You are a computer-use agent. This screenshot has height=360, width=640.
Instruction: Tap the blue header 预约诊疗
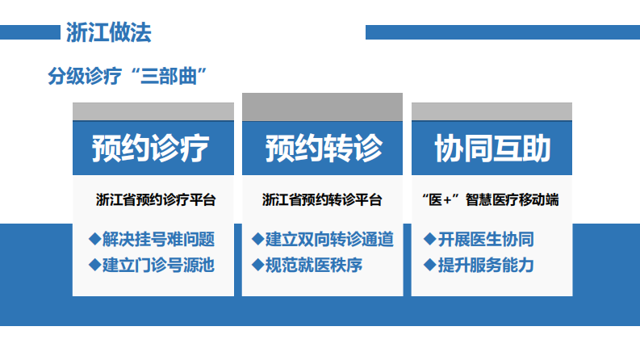[153, 149]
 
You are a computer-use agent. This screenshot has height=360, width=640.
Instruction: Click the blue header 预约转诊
[323, 149]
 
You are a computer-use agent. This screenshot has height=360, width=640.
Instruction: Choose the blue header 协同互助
[492, 149]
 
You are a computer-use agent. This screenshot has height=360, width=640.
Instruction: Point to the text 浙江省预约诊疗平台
[155, 199]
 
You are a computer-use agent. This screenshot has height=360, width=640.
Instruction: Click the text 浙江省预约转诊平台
[322, 199]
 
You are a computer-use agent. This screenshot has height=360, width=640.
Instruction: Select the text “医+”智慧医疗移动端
[492, 199]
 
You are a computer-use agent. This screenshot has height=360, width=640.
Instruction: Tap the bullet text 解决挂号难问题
[158, 239]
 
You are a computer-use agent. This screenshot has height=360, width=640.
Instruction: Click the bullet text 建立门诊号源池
[158, 264]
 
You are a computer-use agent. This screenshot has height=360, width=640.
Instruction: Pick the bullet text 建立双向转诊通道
[329, 239]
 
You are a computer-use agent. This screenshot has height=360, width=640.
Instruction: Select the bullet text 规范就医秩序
[313, 264]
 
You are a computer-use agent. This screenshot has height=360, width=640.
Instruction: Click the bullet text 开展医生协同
[485, 239]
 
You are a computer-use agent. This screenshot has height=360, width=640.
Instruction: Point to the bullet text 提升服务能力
[485, 264]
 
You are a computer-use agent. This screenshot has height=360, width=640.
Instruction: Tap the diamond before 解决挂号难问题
[94, 239]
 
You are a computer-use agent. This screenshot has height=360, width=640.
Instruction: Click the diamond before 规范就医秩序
[258, 264]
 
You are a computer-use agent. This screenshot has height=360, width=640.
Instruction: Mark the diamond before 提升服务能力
[430, 264]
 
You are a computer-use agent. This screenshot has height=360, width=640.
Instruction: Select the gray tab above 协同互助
[492, 111]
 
